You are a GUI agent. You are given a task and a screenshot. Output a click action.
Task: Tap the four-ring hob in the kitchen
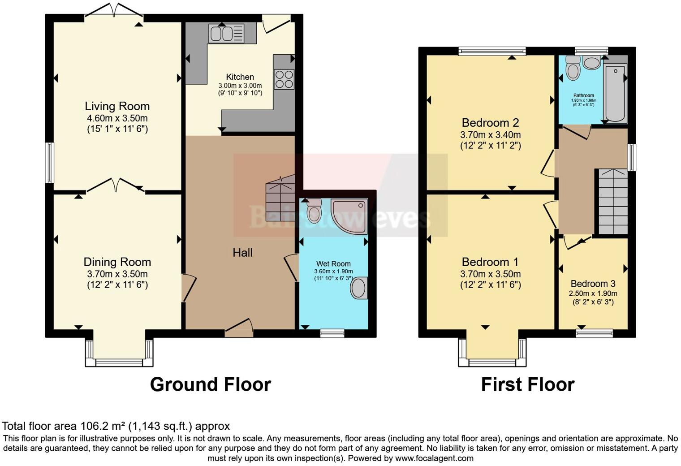tap(284, 79)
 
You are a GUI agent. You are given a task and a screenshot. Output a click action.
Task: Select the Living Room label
tap(117, 106)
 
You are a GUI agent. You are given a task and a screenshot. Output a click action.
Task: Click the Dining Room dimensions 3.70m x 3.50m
tap(117, 274)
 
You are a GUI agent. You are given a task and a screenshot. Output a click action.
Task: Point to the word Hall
tap(242, 253)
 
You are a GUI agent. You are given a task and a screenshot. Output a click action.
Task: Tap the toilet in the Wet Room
tap(314, 211)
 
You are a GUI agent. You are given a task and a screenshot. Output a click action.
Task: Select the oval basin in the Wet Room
tap(359, 288)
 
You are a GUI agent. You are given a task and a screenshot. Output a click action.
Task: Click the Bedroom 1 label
tap(490, 262)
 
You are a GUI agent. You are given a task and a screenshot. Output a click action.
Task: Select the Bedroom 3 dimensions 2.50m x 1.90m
tap(593, 293)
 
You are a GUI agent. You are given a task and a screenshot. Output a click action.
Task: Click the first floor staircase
tap(613, 202)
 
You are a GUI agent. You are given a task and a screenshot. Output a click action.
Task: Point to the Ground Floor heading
tap(210, 384)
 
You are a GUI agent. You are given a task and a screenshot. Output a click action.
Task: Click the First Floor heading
tap(527, 384)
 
